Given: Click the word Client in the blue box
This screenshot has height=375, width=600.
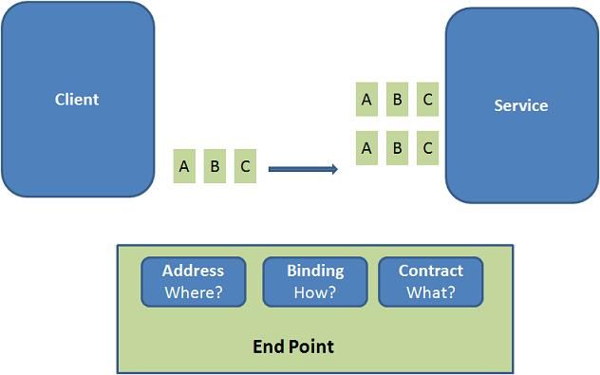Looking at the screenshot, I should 77,100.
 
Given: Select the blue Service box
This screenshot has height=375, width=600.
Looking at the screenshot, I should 521,105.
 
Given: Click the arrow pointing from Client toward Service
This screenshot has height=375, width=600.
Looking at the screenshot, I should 302,169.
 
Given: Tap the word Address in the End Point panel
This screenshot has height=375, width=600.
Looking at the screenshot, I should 193,271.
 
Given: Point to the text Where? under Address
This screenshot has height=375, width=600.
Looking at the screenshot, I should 193,292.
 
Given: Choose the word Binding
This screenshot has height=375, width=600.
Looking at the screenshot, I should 315,271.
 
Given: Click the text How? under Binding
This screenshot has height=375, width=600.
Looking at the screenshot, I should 315,292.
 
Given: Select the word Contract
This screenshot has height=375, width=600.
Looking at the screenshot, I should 430,271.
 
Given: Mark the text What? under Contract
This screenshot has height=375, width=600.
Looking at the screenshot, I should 430,292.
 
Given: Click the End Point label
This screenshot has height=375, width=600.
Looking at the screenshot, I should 293,347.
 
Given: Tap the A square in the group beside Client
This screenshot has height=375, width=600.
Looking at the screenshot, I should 184,167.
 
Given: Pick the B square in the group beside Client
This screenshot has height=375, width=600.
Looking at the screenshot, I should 215,167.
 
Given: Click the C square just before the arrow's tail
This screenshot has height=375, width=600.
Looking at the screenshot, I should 245,167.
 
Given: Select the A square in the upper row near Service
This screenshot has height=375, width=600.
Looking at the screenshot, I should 366,99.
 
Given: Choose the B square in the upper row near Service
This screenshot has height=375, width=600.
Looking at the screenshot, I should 397,99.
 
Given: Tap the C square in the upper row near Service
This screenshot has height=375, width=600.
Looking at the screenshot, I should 427,99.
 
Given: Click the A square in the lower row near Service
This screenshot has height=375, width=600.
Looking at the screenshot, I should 366,148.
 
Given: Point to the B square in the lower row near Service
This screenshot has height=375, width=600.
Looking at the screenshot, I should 397,148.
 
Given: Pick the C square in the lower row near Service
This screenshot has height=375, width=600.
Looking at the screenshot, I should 427,148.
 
